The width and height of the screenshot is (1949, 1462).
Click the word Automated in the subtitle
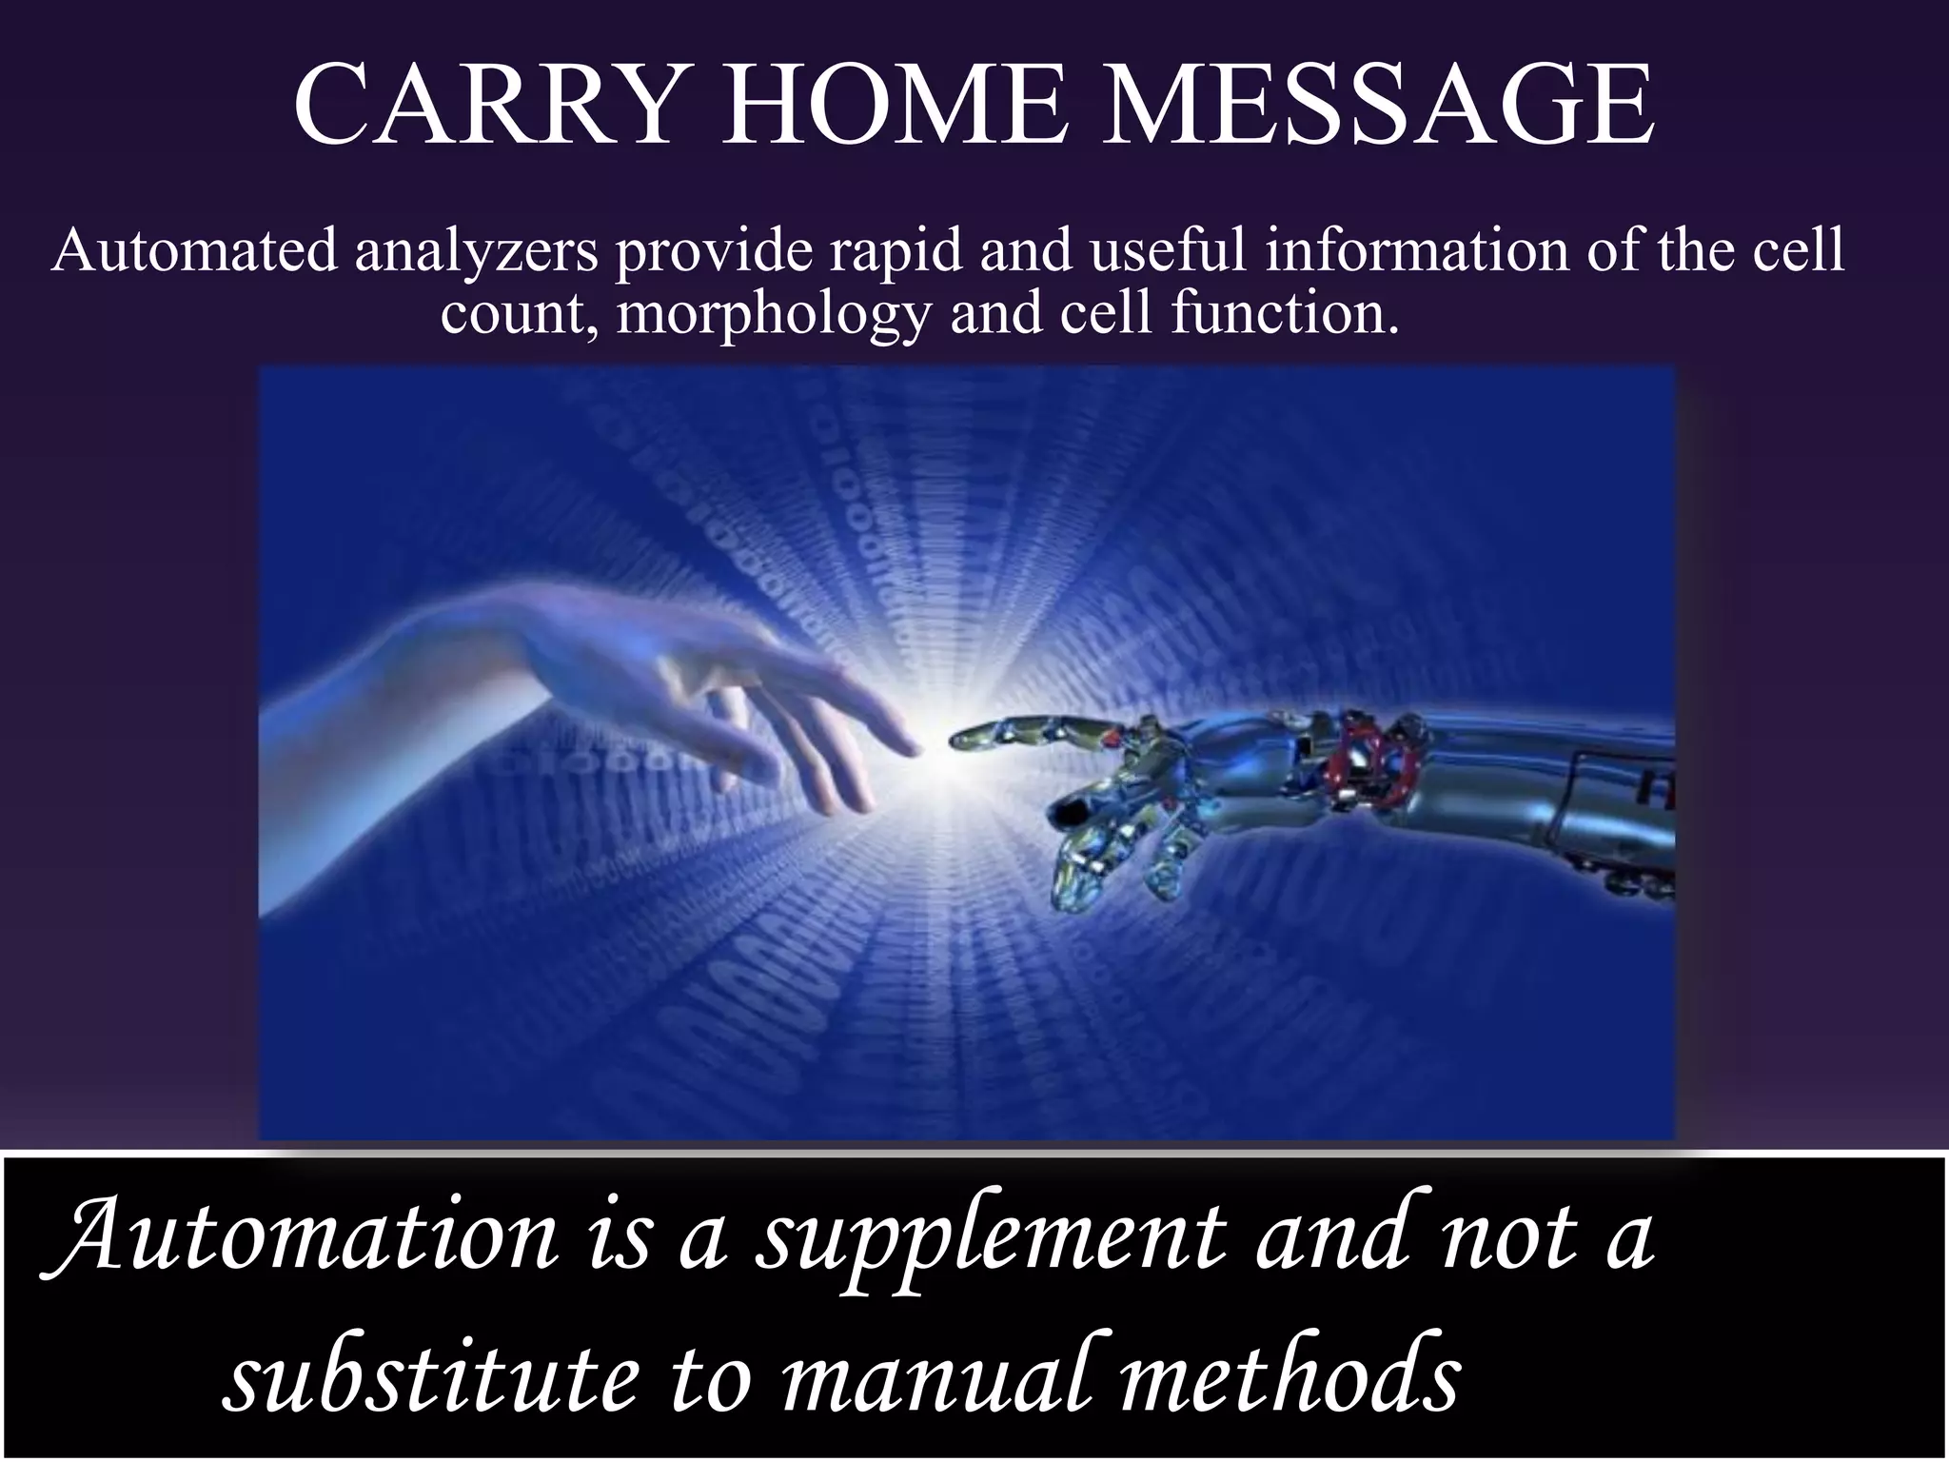pyautogui.click(x=194, y=252)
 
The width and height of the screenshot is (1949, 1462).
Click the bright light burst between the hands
pyautogui.click(x=937, y=747)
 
